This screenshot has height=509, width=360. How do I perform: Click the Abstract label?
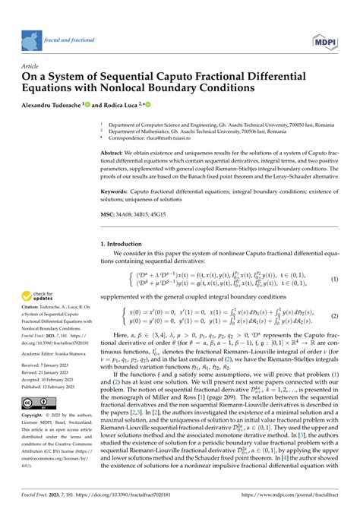[124, 152]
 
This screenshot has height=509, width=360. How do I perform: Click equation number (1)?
[334, 279]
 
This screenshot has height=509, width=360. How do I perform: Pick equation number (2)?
[334, 315]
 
